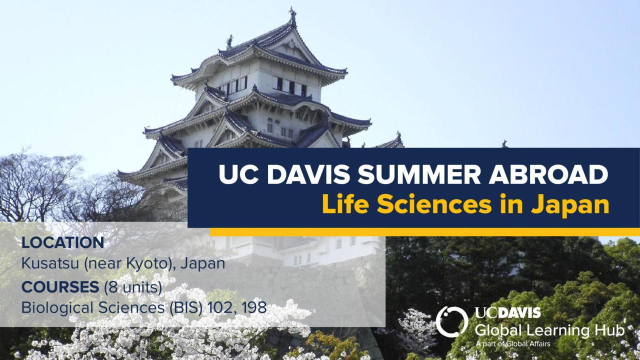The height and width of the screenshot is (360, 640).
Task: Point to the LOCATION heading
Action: coord(62,243)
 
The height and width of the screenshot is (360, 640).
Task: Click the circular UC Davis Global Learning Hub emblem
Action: coord(451,321)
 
